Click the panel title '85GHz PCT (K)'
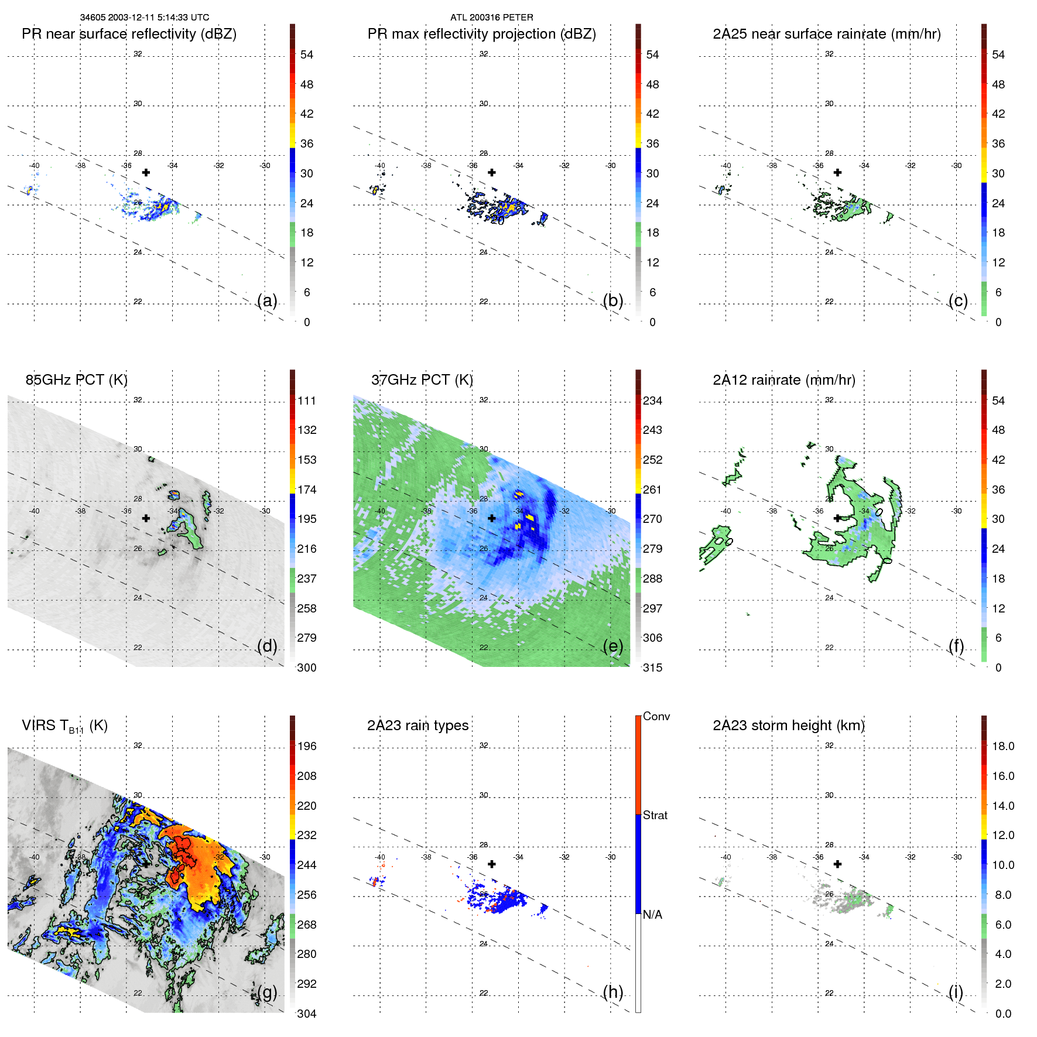tap(76, 380)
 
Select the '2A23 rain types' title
tap(417, 725)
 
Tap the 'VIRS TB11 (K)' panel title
tap(64, 726)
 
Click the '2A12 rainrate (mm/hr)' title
tap(783, 380)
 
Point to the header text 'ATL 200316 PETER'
tap(491, 18)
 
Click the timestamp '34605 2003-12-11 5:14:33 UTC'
tap(144, 18)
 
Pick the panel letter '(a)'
tap(267, 300)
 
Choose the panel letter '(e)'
tap(612, 646)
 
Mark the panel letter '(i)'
tap(956, 992)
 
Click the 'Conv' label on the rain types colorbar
tap(656, 716)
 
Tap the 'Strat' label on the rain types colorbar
tap(655, 815)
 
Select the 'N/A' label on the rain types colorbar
tap(652, 915)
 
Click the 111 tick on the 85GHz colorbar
tap(306, 401)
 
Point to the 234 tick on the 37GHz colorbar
tap(652, 401)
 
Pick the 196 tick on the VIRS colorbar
tap(306, 746)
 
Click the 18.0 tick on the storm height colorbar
tap(1002, 746)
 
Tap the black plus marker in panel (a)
tap(146, 172)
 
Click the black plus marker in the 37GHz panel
tap(492, 518)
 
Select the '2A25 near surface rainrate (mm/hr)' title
tap(826, 34)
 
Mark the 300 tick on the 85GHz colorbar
tap(306, 668)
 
